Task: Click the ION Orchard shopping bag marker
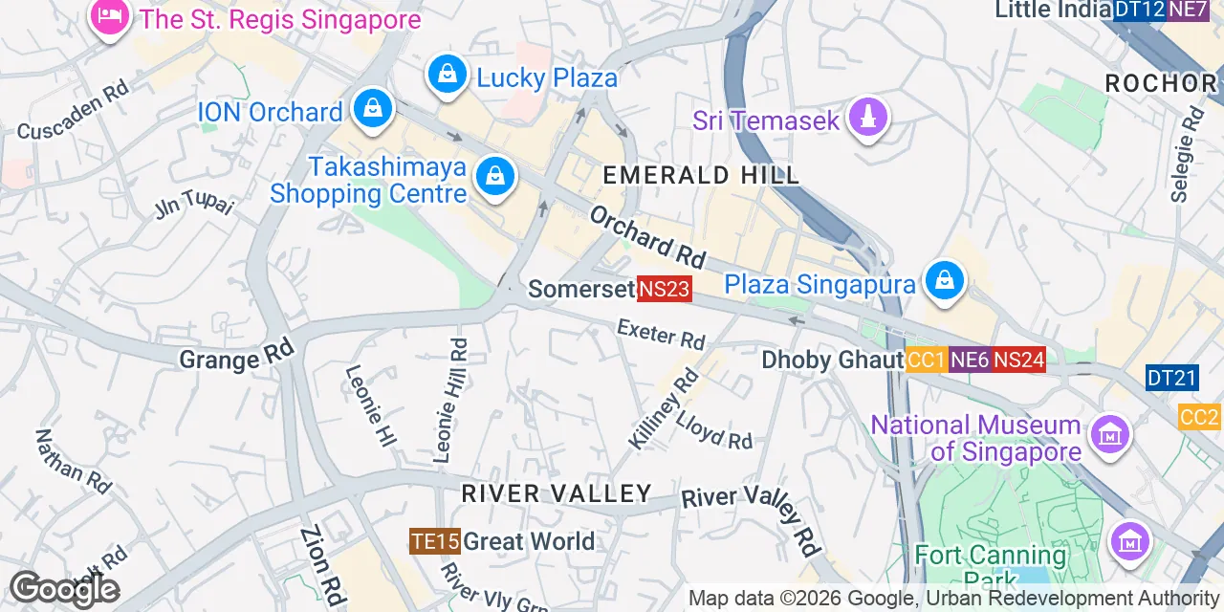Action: (x=373, y=110)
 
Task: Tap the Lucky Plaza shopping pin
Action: (x=447, y=74)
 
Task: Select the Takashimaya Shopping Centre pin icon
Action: (x=494, y=177)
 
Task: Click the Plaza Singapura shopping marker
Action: (x=945, y=282)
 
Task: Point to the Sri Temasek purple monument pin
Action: (x=868, y=119)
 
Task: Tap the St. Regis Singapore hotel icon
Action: (x=110, y=17)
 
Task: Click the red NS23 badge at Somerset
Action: (x=664, y=289)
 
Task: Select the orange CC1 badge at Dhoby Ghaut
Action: (x=926, y=360)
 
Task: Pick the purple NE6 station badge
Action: (x=970, y=360)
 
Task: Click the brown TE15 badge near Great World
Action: (x=435, y=541)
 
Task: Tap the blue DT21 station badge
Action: (x=1171, y=378)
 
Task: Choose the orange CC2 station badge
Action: (x=1199, y=417)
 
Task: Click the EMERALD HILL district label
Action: (x=701, y=175)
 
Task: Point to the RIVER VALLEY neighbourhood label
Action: (x=557, y=493)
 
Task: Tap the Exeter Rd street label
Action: (x=661, y=334)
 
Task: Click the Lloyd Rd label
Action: (x=713, y=431)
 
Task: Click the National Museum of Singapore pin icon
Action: (x=1109, y=436)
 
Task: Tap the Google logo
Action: (x=64, y=589)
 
